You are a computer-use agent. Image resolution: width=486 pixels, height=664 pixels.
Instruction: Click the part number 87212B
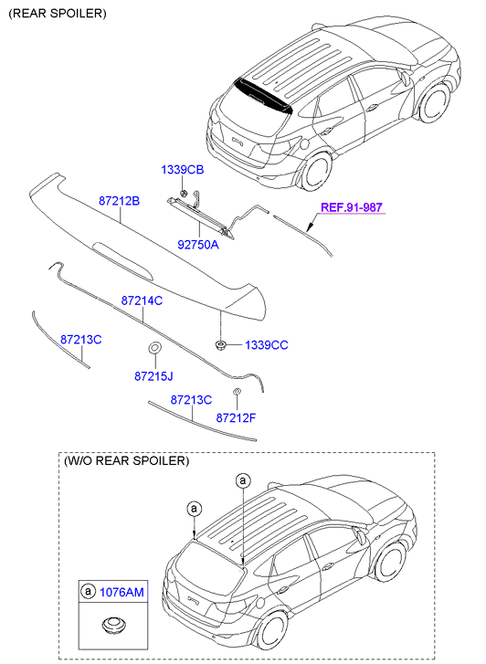[119, 201]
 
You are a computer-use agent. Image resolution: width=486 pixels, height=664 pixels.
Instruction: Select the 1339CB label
[182, 170]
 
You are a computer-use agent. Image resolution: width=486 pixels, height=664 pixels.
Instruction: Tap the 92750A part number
[198, 245]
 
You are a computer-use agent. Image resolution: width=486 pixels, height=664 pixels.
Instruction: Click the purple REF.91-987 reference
[352, 207]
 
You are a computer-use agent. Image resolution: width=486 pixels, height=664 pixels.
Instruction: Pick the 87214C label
[142, 300]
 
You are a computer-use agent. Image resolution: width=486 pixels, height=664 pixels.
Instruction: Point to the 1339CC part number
[267, 345]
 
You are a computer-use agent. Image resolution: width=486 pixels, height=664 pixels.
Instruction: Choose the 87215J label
[153, 376]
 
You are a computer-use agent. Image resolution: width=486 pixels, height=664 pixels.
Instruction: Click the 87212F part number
[236, 418]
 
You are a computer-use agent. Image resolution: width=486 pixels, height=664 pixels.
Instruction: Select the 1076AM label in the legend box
[121, 592]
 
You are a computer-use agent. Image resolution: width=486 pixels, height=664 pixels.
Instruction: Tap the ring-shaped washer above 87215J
[154, 348]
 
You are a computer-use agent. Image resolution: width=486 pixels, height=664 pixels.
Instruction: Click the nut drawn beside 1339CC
[220, 344]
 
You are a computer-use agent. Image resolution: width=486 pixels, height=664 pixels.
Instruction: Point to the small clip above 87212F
[237, 391]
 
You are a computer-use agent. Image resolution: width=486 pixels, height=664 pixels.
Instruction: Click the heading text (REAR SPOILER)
[58, 14]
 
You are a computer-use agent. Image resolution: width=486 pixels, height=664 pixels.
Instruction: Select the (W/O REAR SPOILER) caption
[126, 460]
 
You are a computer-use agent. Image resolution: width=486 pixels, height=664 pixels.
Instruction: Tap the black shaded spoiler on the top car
[264, 97]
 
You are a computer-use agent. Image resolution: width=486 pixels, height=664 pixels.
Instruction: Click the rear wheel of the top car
[316, 171]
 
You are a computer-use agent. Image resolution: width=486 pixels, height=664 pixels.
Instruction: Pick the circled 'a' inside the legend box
[88, 591]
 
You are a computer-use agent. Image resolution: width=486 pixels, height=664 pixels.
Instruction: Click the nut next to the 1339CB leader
[184, 194]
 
